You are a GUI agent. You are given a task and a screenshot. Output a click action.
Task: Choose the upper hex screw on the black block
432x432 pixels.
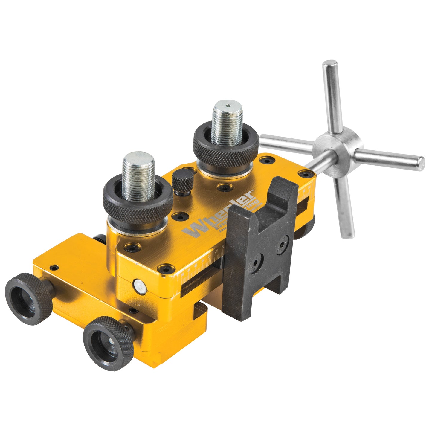pos(283,241)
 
